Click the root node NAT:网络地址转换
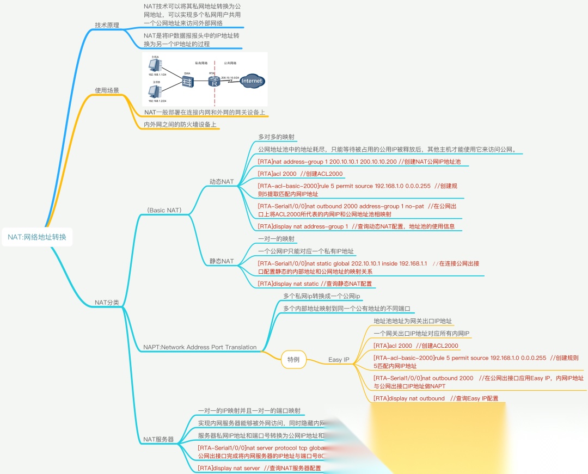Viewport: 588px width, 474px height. coord(36,237)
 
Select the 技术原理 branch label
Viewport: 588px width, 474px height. coord(107,25)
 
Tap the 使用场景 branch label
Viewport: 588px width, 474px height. coord(107,90)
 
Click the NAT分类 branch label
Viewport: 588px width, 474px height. coord(107,303)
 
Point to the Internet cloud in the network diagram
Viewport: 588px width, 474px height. coord(252,81)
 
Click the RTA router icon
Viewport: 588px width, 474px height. coord(213,82)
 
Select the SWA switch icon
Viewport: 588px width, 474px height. coord(188,82)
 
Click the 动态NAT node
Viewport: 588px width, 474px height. coord(222,181)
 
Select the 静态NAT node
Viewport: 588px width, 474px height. coord(222,261)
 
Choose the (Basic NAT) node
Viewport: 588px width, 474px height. coord(164,211)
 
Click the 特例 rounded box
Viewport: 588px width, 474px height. coord(293,359)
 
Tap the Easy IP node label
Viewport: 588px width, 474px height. coord(339,360)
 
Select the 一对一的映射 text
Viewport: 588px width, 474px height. coord(277,239)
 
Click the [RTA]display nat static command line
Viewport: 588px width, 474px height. coord(315,284)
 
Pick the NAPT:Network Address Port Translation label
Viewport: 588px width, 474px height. coord(200,347)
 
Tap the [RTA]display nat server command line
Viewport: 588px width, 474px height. coord(259,468)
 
